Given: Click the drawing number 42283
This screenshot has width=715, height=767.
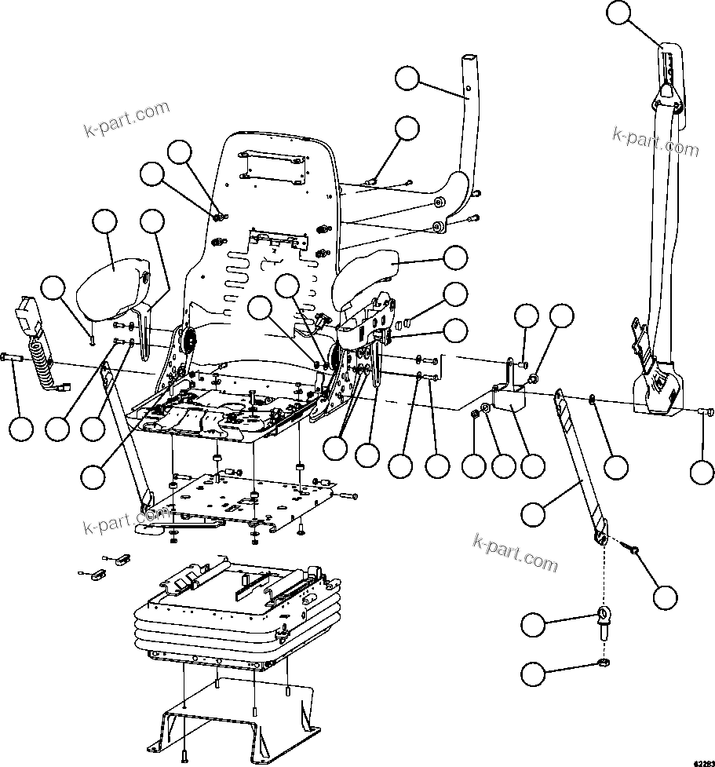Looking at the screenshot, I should coord(700,762).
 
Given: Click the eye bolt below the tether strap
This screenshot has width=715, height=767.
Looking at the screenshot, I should coord(602,617).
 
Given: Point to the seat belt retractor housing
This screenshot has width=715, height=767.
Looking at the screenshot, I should coord(656,385).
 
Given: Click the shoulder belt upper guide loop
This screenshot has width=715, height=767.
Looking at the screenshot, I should coord(668,71).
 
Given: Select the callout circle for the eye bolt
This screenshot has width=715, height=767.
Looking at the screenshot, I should coord(534,625).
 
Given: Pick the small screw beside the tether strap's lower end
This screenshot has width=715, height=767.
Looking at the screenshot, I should coord(633,552).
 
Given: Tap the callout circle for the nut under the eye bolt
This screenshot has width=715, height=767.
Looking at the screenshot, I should coord(534,673).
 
